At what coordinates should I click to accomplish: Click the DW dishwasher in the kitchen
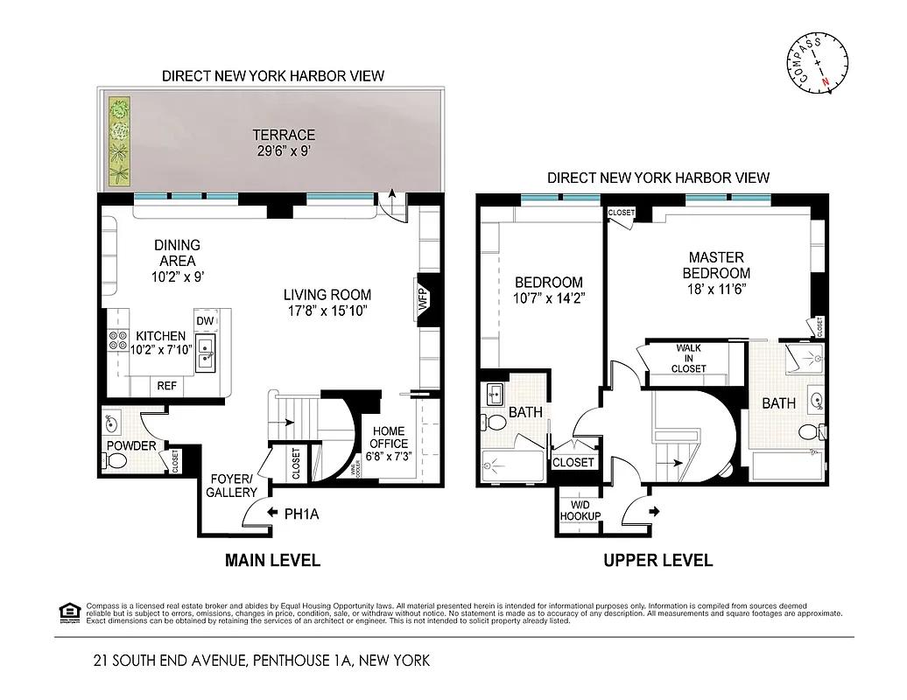[205, 321]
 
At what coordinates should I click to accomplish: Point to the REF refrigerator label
[166, 385]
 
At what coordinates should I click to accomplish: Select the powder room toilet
[116, 462]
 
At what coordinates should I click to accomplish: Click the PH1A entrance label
[301, 514]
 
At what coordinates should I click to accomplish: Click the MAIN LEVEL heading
[272, 560]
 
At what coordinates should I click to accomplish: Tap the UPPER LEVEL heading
[657, 560]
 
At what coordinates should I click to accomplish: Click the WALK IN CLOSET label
[689, 358]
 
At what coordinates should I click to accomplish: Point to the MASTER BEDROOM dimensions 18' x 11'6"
[716, 288]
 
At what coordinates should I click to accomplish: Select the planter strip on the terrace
[118, 143]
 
